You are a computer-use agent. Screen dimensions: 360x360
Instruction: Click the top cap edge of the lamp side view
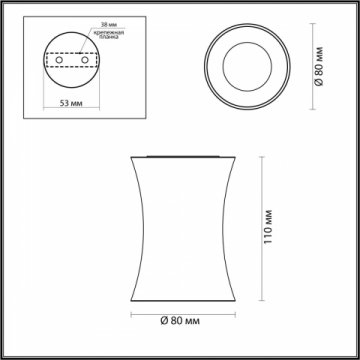click(179, 156)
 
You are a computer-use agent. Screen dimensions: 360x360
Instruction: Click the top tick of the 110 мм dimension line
click(264, 157)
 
